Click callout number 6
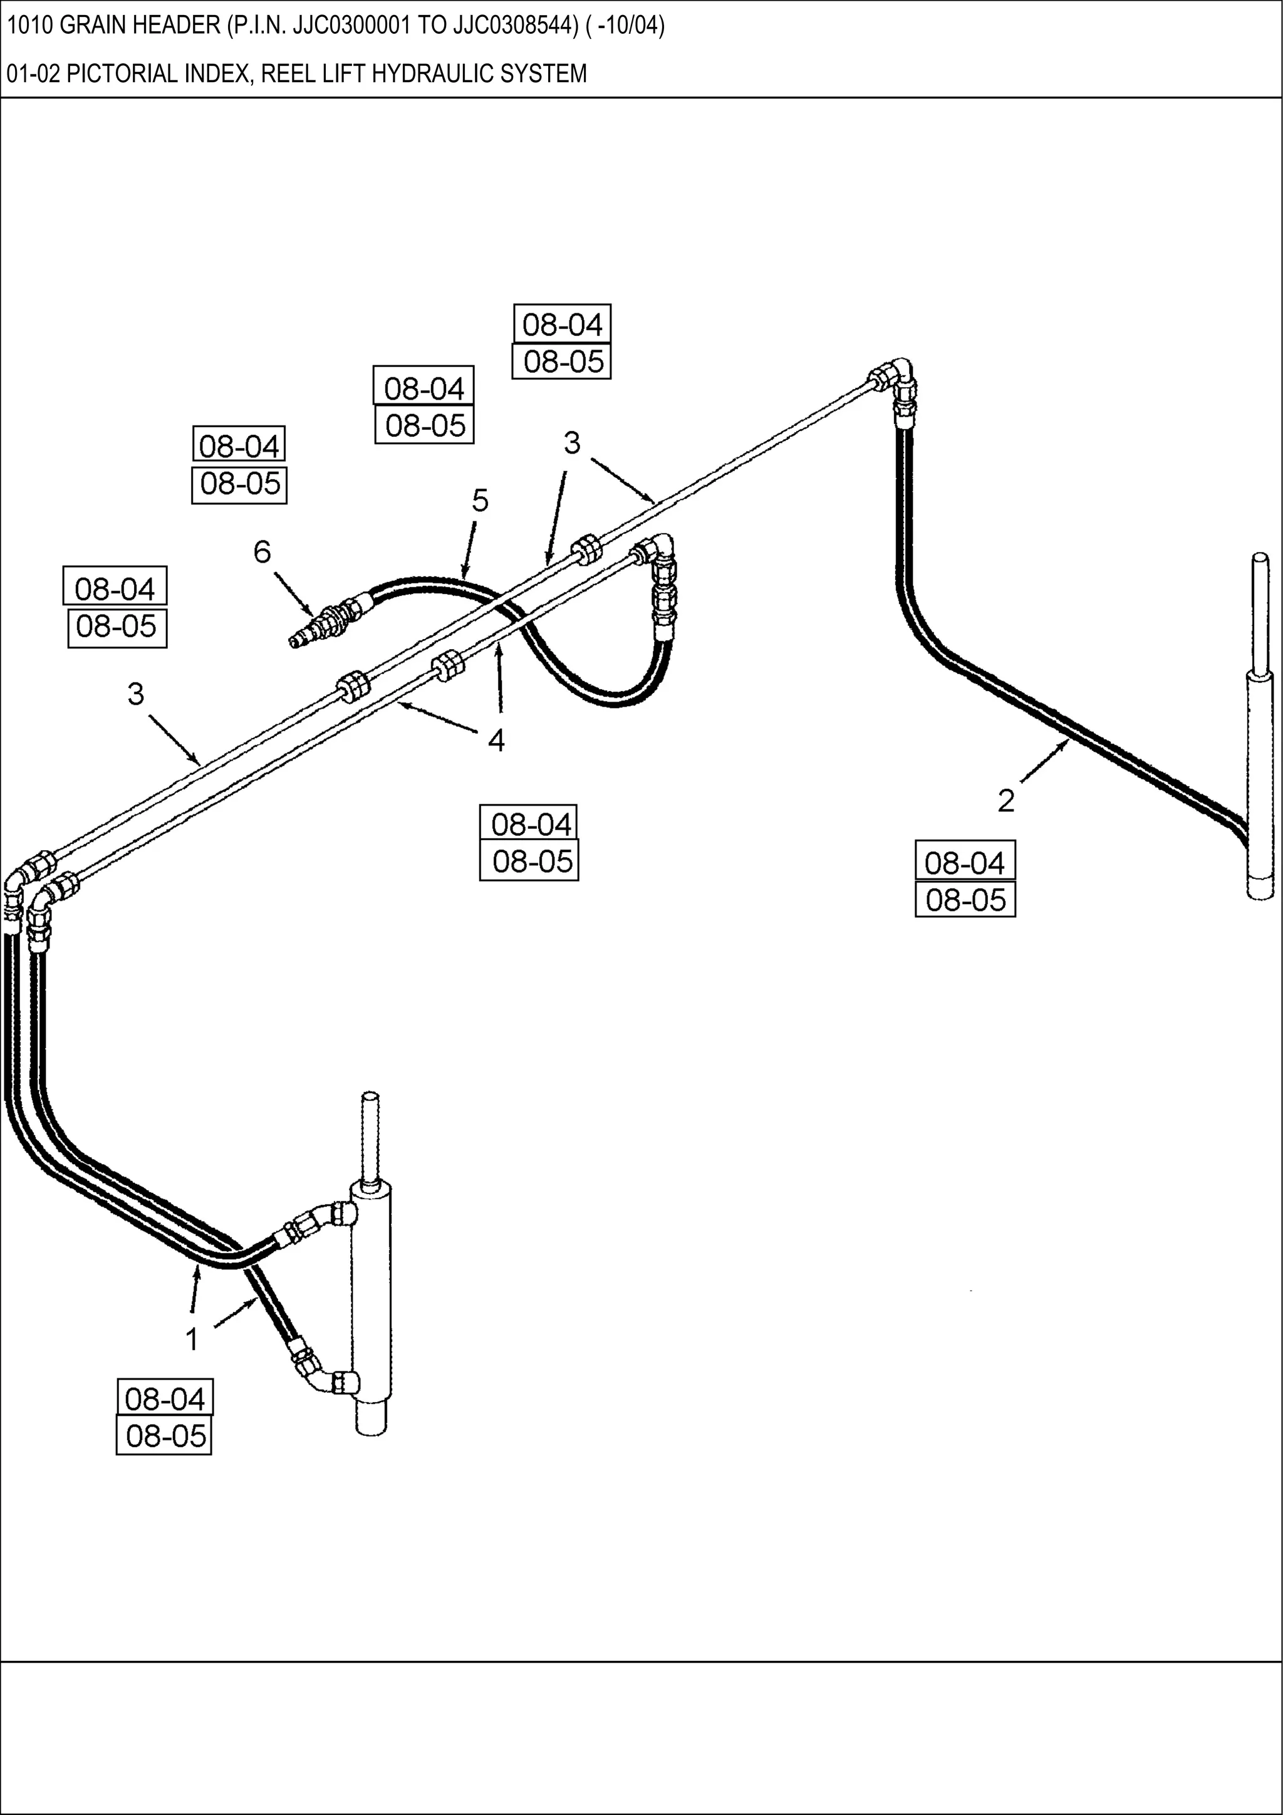(x=262, y=552)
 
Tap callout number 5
(x=480, y=501)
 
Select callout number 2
(x=1005, y=801)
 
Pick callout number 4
(x=496, y=741)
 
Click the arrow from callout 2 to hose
(x=1044, y=763)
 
